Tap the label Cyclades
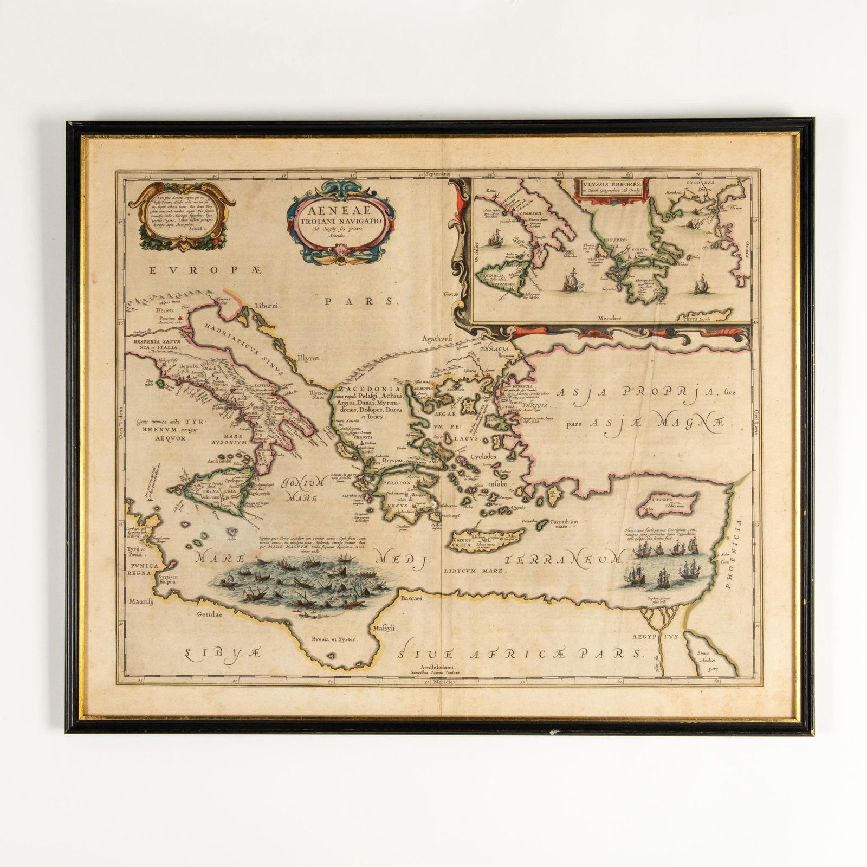483,456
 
